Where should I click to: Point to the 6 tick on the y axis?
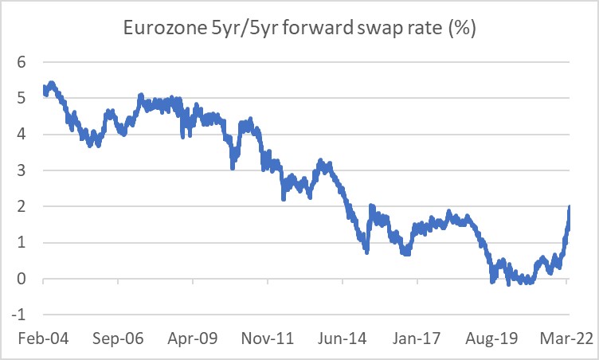pyautogui.click(x=22, y=62)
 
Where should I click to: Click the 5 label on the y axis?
pyautogui.click(x=22, y=98)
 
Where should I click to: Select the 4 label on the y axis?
pyautogui.click(x=22, y=135)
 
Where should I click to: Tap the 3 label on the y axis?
pyautogui.click(x=22, y=170)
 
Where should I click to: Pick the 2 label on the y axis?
pyautogui.click(x=22, y=206)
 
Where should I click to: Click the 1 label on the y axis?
pyautogui.click(x=22, y=243)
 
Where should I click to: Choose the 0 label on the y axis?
pyautogui.click(x=22, y=279)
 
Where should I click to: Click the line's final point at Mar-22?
pyautogui.click(x=570, y=207)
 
